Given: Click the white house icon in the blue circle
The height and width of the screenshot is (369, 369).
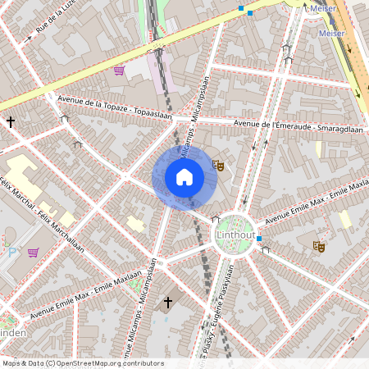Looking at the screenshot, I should (x=184, y=177).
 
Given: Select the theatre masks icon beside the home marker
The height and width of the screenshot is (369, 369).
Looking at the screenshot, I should (x=218, y=165).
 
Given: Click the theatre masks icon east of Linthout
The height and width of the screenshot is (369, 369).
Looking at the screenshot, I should (x=318, y=245).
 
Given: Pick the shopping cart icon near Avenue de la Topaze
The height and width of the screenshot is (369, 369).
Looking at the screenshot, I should (x=120, y=71).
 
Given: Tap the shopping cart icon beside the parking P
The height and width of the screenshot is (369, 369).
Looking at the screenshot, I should (x=33, y=252).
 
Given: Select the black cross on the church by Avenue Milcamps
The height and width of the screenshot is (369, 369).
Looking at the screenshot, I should (x=168, y=303).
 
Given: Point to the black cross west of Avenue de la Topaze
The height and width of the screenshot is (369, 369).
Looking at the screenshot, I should (x=11, y=122).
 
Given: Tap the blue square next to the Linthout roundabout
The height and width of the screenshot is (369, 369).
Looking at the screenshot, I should (x=259, y=239).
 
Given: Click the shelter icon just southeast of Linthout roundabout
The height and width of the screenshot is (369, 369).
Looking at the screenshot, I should (x=265, y=249).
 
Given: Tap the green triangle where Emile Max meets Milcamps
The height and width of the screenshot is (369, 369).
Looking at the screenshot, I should (x=136, y=288).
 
